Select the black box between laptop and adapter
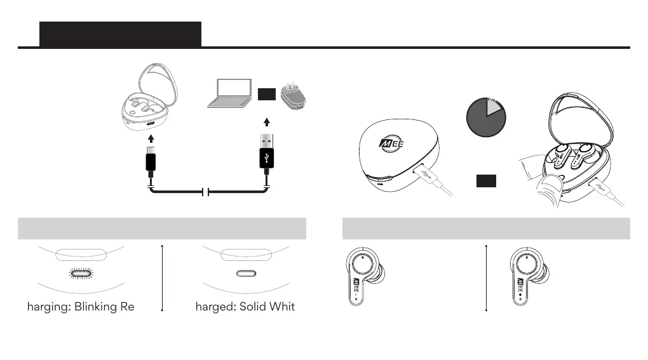tap(266, 95)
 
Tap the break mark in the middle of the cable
tap(205, 192)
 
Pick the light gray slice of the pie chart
tap(494, 106)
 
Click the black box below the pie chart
tap(486, 181)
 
